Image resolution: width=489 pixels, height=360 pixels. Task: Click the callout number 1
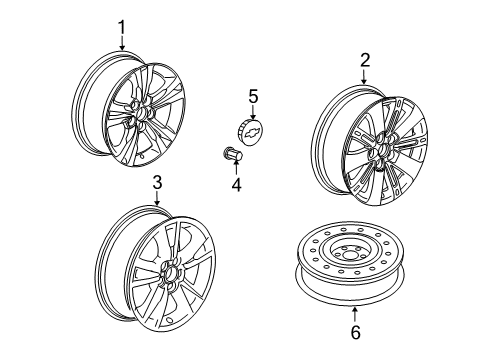click(122, 27)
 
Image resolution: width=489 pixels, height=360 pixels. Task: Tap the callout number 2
click(365, 59)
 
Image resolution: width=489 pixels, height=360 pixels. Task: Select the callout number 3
click(157, 183)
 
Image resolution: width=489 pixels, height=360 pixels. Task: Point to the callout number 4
click(236, 184)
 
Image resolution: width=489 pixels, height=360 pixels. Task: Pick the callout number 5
click(253, 96)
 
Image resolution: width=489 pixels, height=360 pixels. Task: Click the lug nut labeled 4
click(232, 156)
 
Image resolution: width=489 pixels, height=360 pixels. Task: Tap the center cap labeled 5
click(253, 131)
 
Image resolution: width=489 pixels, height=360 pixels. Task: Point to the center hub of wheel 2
click(384, 152)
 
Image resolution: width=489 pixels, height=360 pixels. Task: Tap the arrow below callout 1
click(122, 42)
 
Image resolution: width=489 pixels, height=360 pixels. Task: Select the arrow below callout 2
click(365, 75)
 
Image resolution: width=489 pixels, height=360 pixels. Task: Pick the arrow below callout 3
click(157, 199)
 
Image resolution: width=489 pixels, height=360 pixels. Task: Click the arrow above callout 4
click(236, 169)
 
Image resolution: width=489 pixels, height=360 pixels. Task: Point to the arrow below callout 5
click(253, 111)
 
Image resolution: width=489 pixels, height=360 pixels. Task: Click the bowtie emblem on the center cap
click(257, 132)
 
